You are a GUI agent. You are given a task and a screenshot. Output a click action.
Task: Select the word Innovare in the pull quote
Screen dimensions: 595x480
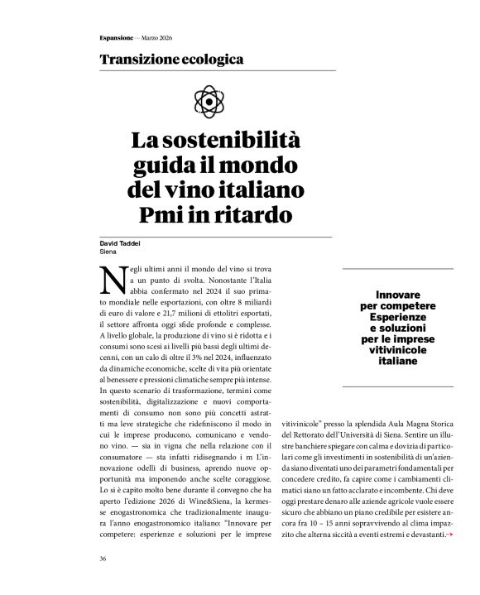pos(398,295)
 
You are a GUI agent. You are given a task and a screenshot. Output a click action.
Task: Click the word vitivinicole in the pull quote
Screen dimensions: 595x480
pos(398,350)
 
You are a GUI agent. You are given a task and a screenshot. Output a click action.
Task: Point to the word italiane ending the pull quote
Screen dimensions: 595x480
pos(398,362)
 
